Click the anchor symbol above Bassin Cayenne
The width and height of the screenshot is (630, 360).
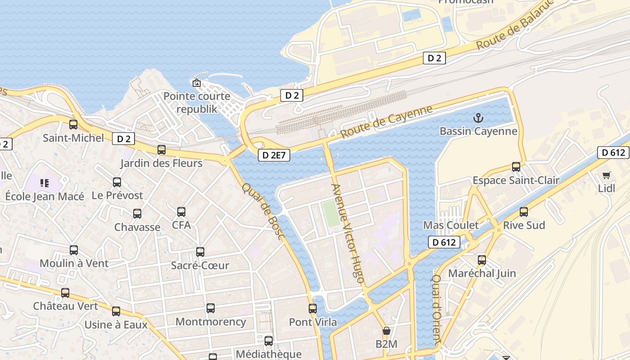[x=478, y=118]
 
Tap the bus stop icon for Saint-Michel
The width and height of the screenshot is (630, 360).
[x=73, y=125]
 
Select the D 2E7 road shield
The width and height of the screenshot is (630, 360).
[x=274, y=155]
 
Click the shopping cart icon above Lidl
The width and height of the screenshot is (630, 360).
[x=606, y=175]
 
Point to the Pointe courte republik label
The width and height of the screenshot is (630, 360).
[x=197, y=102]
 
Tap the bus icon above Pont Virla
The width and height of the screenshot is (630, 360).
[x=313, y=309]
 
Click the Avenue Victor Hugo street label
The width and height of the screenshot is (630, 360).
[x=347, y=233]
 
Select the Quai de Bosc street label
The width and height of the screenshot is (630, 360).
[x=263, y=211]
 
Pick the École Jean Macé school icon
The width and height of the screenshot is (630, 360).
[x=44, y=183]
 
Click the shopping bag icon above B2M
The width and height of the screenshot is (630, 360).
[x=386, y=331]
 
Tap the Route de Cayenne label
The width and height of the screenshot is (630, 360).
[x=386, y=121]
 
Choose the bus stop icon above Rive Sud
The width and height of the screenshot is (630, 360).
[x=523, y=211]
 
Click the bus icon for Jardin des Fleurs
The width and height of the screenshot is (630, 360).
[x=162, y=150]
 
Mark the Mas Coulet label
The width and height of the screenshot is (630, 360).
[x=451, y=225]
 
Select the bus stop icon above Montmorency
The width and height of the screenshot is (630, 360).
[x=210, y=308]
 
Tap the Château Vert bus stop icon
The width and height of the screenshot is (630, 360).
[x=65, y=293]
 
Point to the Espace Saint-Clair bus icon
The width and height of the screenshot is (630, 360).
[x=516, y=167]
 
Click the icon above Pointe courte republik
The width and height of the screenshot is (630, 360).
[x=196, y=83]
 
